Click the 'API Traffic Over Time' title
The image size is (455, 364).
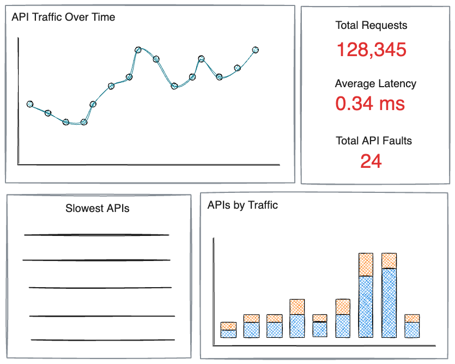[x=63, y=17]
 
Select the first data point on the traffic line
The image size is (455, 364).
[x=30, y=104]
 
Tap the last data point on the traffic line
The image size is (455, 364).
[x=256, y=50]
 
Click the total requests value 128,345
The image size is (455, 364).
[x=372, y=50]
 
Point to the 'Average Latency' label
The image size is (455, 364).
[x=375, y=83]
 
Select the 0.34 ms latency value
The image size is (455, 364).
[x=370, y=104]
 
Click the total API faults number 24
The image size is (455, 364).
[x=371, y=161]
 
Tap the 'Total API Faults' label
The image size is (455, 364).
[x=374, y=141]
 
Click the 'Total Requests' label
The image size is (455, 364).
[x=371, y=25]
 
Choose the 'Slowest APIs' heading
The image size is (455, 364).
[x=97, y=208]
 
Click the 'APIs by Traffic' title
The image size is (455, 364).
[x=242, y=205]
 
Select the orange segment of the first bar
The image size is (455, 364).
[x=229, y=326]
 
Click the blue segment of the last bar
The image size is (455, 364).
[x=412, y=330]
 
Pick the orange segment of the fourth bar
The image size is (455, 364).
[x=297, y=307]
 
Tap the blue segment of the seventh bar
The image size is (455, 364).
[x=366, y=307]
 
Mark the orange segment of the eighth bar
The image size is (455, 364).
[x=389, y=260]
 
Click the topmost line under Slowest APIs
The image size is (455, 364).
[x=96, y=235]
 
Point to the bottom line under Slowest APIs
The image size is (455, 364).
[x=103, y=339]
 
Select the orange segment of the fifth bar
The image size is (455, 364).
[x=320, y=318]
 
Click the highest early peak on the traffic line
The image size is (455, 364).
[x=138, y=50]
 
